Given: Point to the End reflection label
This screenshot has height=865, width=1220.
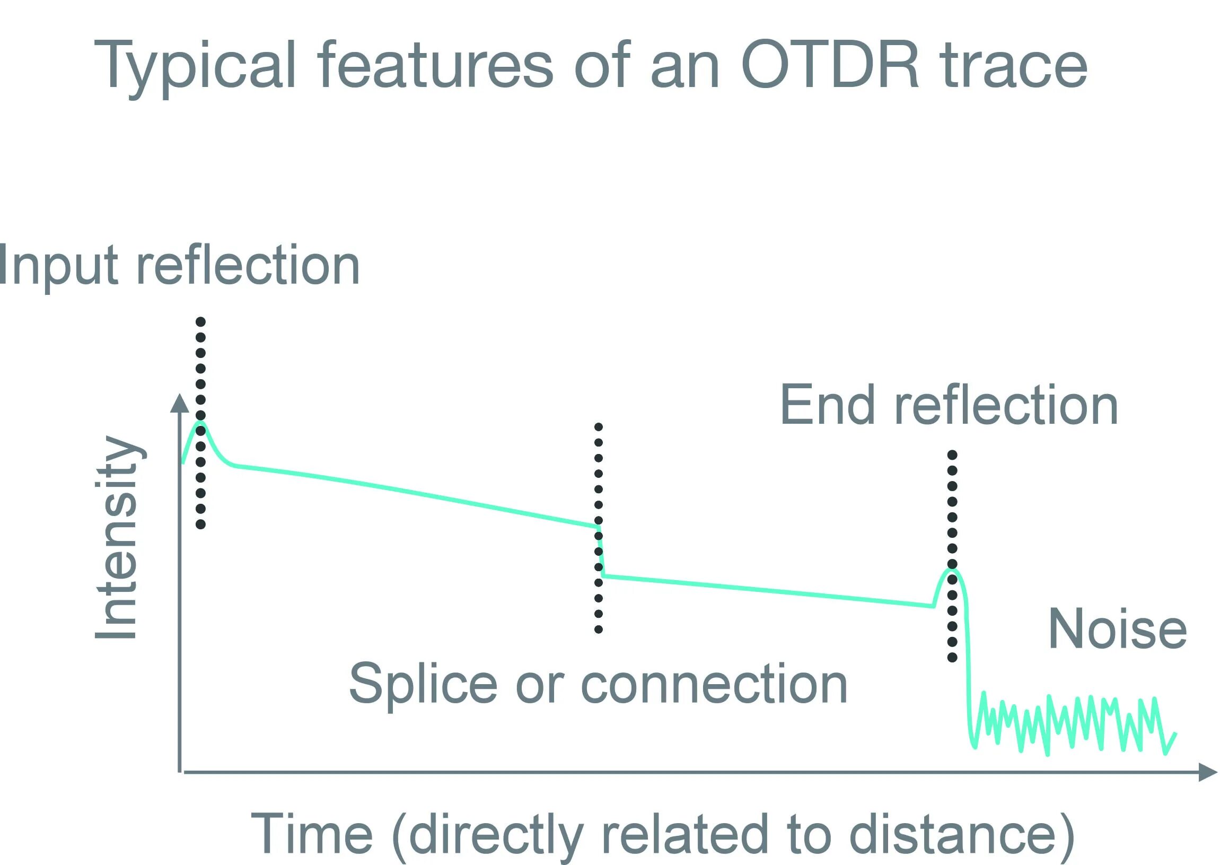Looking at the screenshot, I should click(949, 405).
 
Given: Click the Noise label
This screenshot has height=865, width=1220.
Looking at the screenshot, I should click(1117, 630).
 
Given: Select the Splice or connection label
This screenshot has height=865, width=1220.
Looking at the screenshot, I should click(598, 685).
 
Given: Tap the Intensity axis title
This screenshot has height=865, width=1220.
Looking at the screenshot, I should click(117, 537).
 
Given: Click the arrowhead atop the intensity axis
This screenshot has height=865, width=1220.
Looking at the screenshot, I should click(179, 403).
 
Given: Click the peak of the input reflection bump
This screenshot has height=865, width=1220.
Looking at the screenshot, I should click(200, 422).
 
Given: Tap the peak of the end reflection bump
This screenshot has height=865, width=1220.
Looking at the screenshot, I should click(952, 570).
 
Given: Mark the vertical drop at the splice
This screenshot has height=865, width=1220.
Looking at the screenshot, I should click(601, 552).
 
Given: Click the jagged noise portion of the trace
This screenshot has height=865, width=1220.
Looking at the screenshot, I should click(1070, 725).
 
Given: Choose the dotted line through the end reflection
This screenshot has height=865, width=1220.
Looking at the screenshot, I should click(953, 501).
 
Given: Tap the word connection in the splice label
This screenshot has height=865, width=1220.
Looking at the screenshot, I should click(714, 685).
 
